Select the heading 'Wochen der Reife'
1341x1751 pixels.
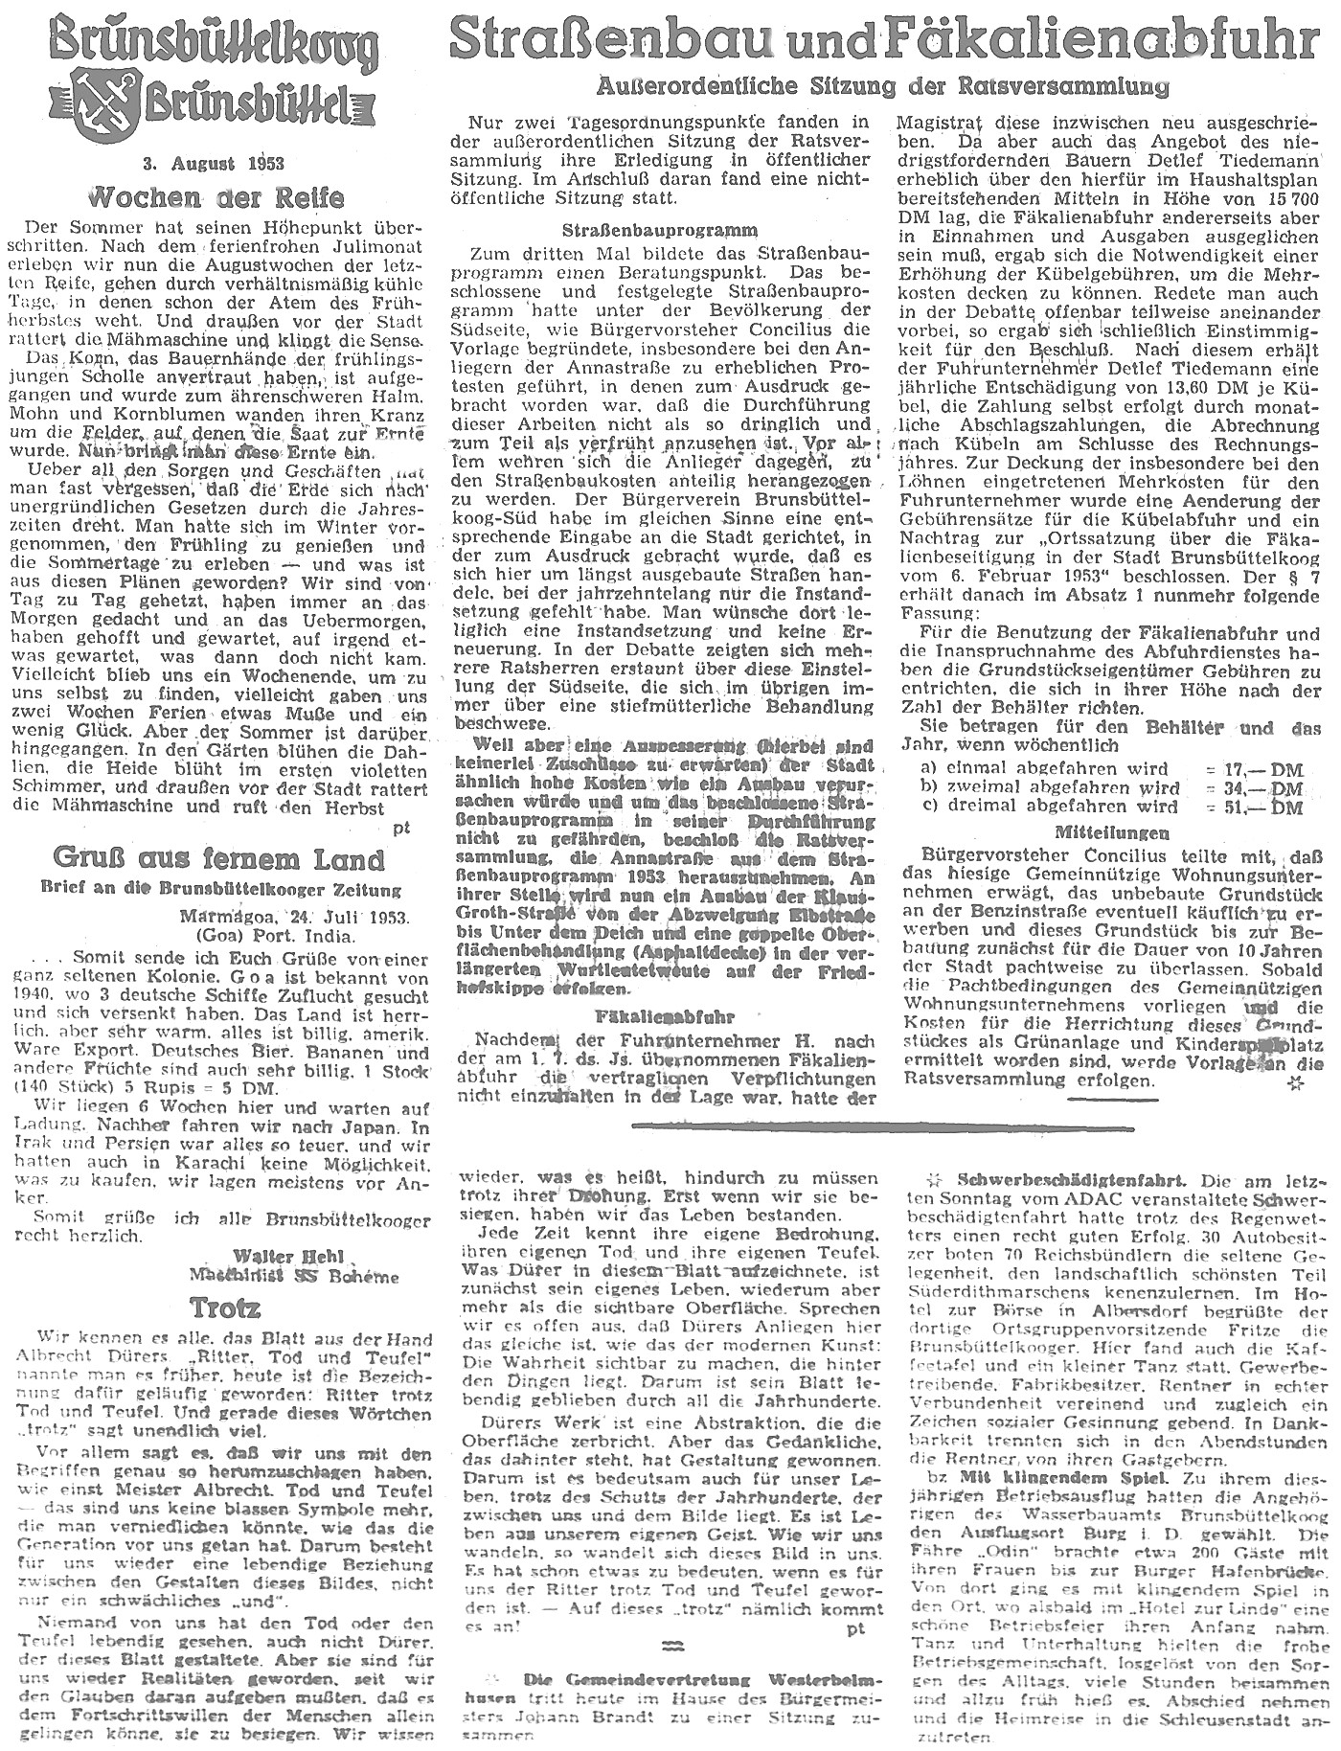coord(216,198)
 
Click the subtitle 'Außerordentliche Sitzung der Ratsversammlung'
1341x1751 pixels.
coord(881,87)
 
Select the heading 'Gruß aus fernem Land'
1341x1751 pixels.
coord(219,858)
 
